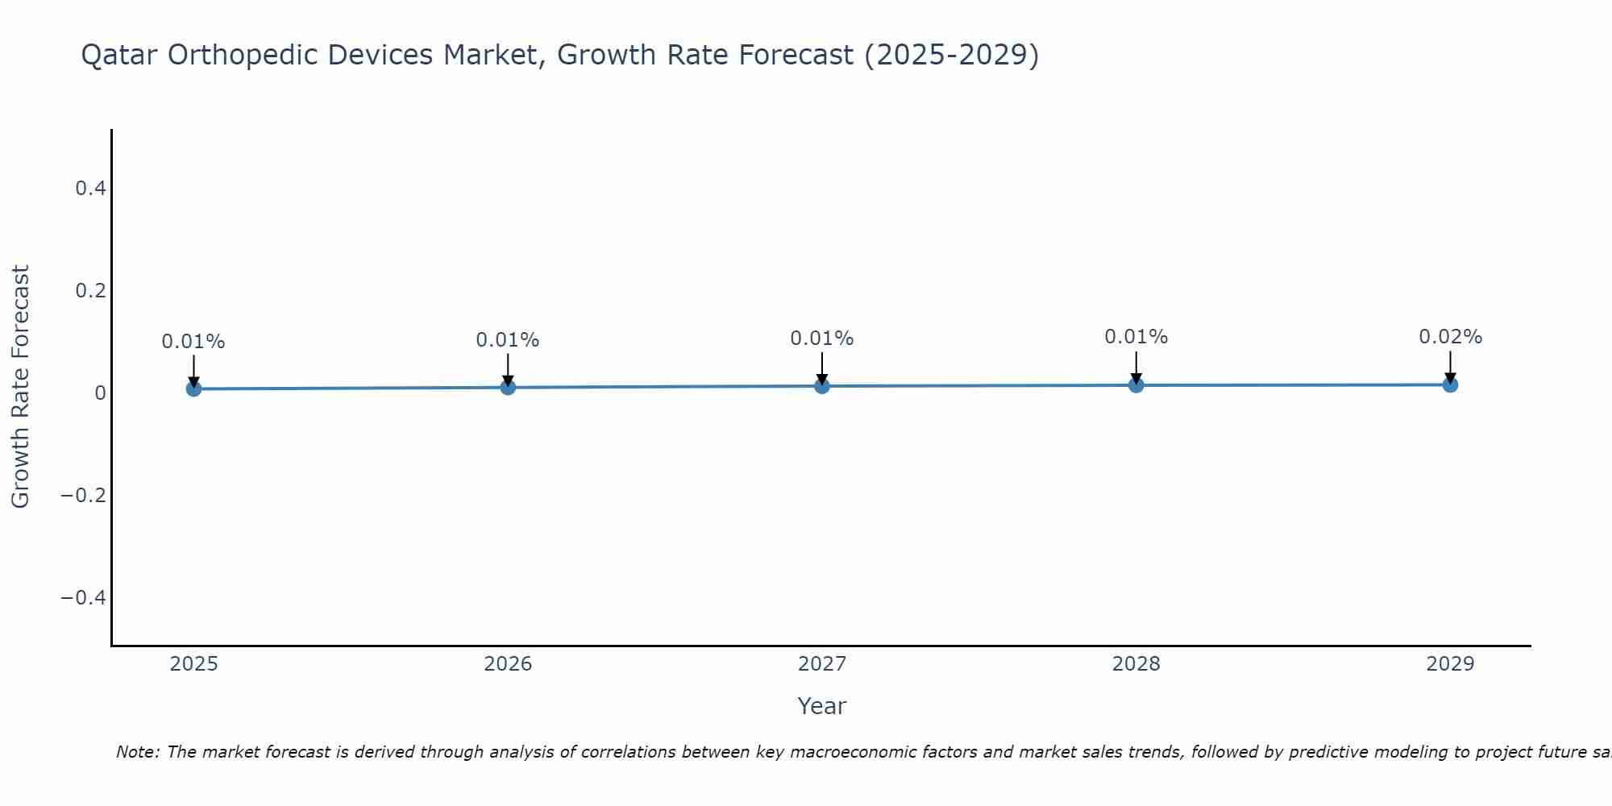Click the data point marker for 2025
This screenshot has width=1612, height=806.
pyautogui.click(x=193, y=388)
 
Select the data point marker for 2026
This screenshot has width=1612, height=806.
pyautogui.click(x=508, y=387)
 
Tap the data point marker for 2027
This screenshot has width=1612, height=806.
pyautogui.click(x=822, y=386)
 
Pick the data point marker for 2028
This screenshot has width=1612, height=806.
pyautogui.click(x=1136, y=385)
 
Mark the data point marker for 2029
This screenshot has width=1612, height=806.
pyautogui.click(x=1450, y=384)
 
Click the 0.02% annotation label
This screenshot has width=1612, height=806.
pyautogui.click(x=1450, y=337)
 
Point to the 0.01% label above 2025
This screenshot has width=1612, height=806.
pyautogui.click(x=193, y=342)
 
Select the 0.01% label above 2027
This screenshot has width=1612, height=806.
pyautogui.click(x=821, y=339)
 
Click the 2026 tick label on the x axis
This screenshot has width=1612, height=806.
pyautogui.click(x=508, y=664)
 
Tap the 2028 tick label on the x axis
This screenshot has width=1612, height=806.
pyautogui.click(x=1136, y=664)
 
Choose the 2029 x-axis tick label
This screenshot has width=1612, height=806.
pyautogui.click(x=1450, y=664)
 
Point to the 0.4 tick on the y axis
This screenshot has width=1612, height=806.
pyautogui.click(x=90, y=189)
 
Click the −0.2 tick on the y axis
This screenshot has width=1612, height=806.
pyautogui.click(x=84, y=495)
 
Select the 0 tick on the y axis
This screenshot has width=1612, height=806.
pyautogui.click(x=101, y=393)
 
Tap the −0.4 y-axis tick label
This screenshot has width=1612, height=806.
pyautogui.click(x=84, y=597)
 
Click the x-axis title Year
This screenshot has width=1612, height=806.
pyautogui.click(x=821, y=706)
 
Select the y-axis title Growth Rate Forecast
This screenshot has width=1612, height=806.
pyautogui.click(x=20, y=387)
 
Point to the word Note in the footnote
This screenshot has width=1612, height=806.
pyautogui.click(x=138, y=752)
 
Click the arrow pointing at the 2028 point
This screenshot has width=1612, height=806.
pyautogui.click(x=1136, y=367)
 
